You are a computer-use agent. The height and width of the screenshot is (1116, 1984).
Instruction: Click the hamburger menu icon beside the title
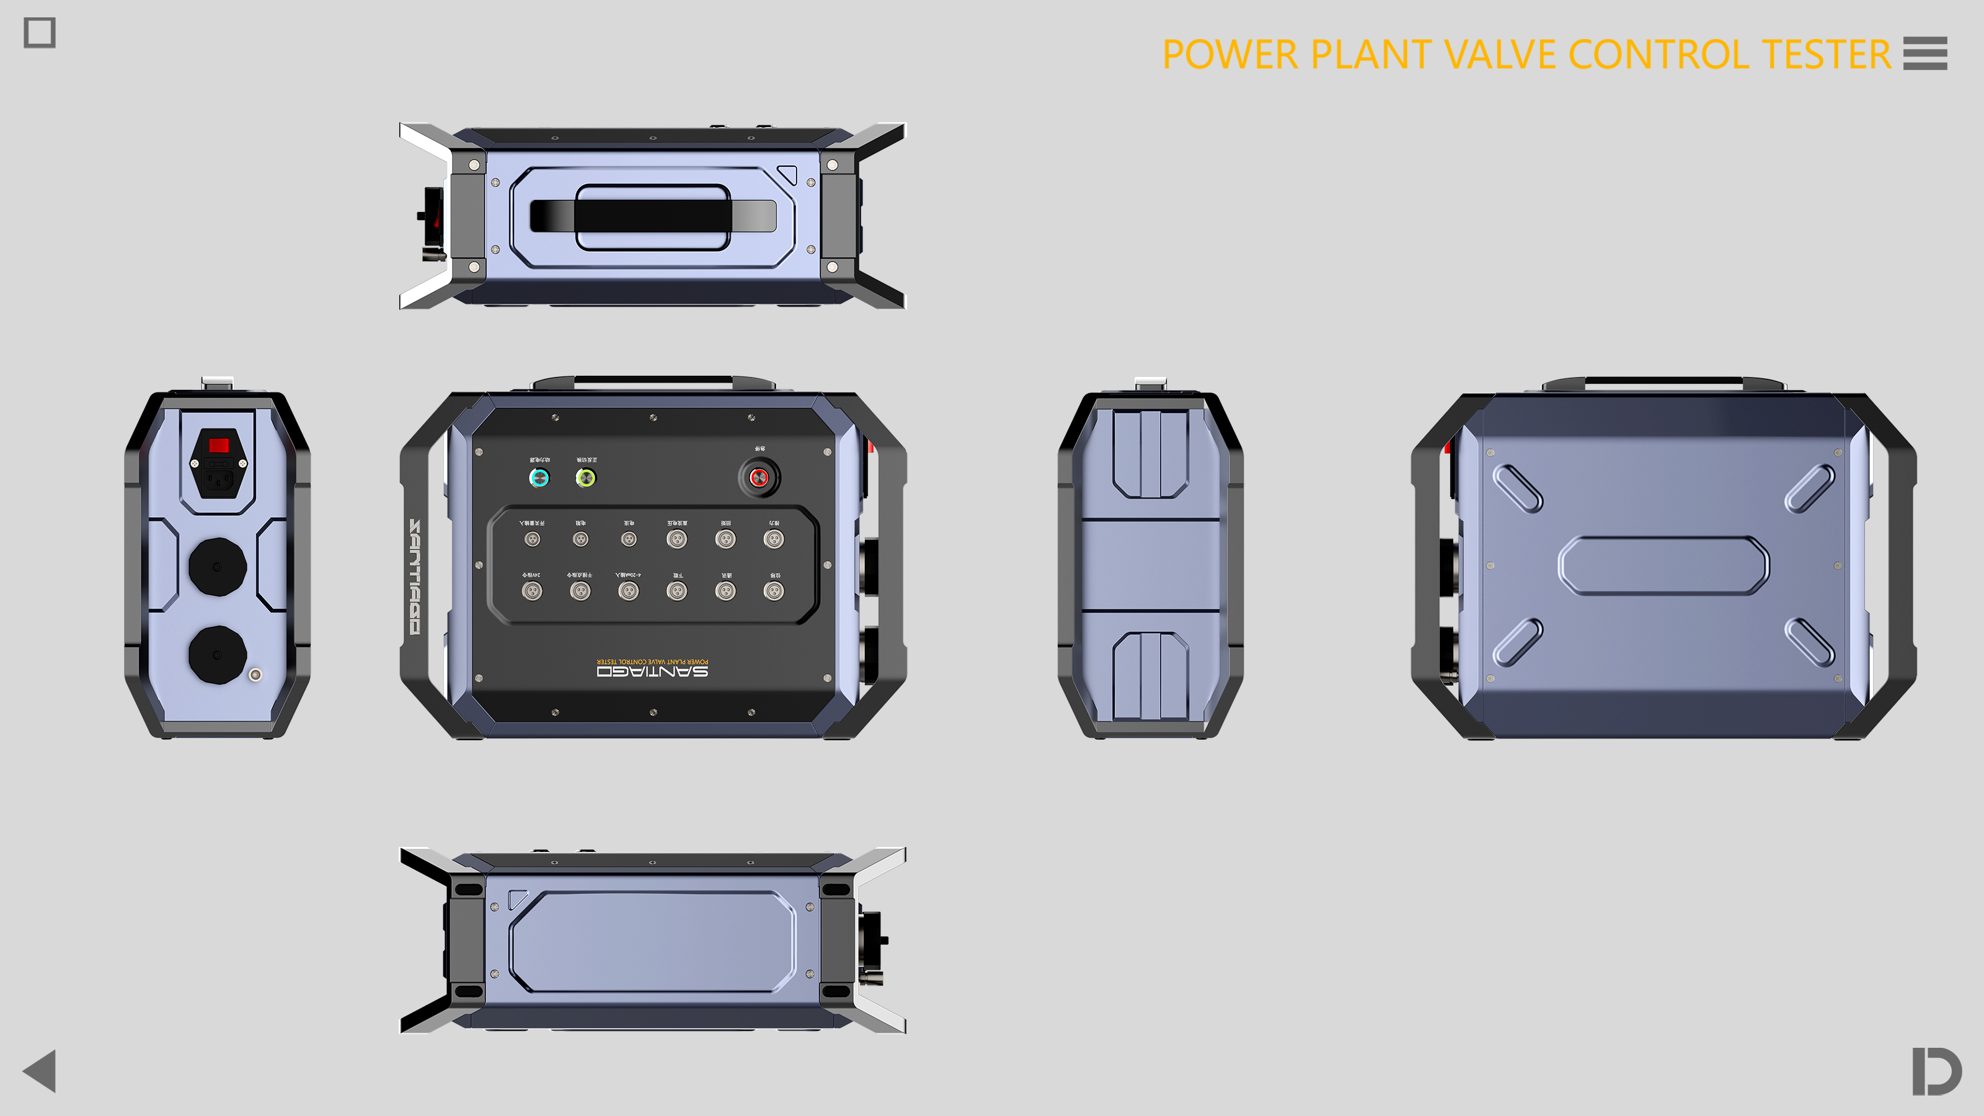[x=1924, y=53]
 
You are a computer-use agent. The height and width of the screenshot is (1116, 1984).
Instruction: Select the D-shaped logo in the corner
[x=1936, y=1071]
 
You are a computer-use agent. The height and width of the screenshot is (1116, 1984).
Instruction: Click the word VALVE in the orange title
[x=1500, y=55]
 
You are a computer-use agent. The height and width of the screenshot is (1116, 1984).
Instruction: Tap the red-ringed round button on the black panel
[x=759, y=478]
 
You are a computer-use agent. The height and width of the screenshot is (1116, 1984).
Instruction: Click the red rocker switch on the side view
[x=219, y=445]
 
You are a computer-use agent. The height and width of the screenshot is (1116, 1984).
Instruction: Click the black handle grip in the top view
[x=652, y=216]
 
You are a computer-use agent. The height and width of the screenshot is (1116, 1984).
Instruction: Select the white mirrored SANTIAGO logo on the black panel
[x=652, y=671]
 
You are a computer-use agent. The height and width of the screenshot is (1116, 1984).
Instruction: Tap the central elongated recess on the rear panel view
[x=1663, y=566]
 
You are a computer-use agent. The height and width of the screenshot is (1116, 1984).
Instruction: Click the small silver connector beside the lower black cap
[x=255, y=675]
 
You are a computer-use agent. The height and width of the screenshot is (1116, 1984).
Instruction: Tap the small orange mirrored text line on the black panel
[x=652, y=661]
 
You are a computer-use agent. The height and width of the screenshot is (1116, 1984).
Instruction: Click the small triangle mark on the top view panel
[x=787, y=174]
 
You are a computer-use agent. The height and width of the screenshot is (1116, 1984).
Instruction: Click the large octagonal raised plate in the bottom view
[x=652, y=941]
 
